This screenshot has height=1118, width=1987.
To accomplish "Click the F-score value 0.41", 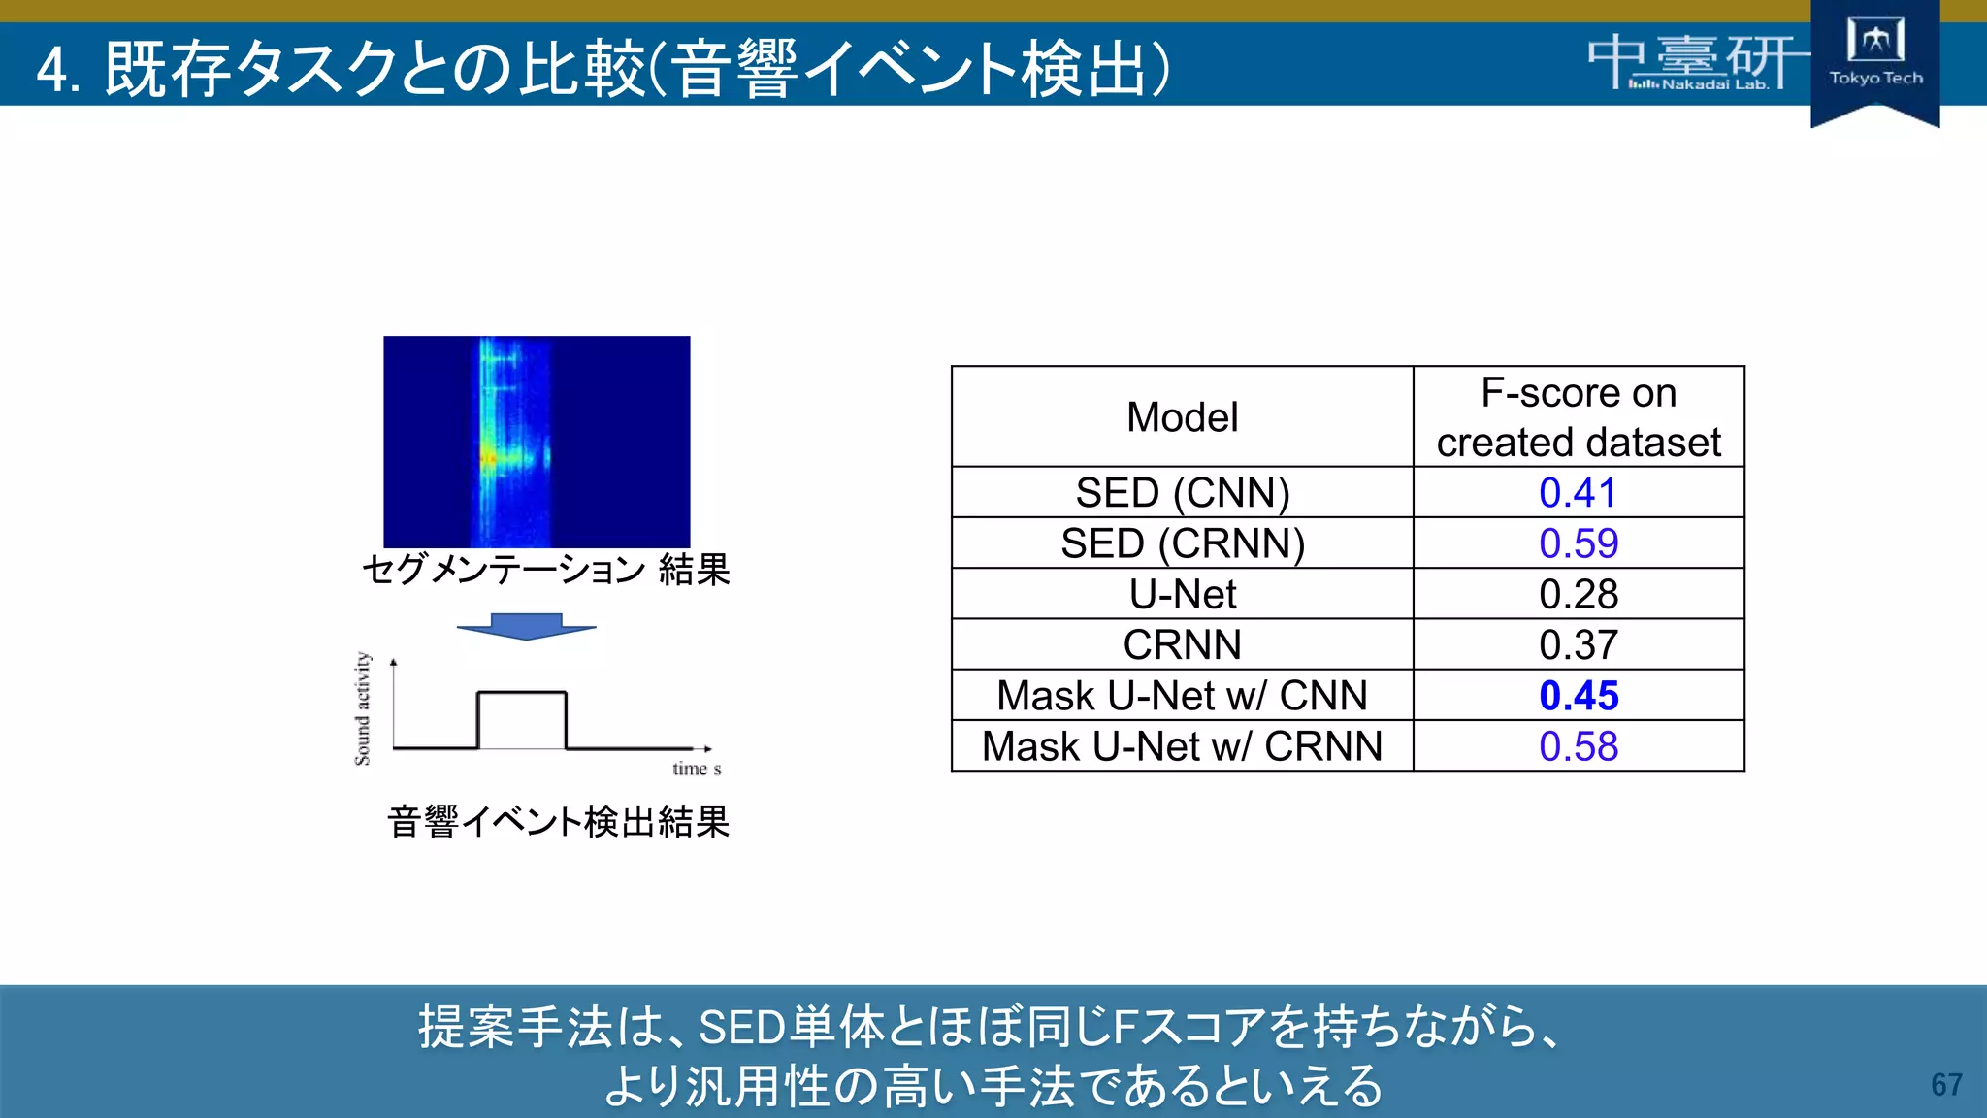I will (x=1578, y=493).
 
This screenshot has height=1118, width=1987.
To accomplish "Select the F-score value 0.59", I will (x=1578, y=543).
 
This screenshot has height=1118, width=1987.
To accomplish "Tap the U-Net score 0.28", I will (x=1578, y=594).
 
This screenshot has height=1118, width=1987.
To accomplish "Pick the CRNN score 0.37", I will (x=1578, y=644).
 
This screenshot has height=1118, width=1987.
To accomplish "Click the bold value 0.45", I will (x=1578, y=696).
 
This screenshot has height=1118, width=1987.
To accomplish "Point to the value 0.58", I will (x=1578, y=746).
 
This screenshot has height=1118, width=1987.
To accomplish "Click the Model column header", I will (x=1182, y=417).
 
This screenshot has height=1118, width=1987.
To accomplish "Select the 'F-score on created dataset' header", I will (x=1578, y=417).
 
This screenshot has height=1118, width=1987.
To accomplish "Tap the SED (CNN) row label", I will (x=1182, y=493).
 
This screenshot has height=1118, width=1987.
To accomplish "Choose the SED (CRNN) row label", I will (x=1182, y=543).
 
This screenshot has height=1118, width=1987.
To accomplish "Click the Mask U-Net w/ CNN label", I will (x=1182, y=696).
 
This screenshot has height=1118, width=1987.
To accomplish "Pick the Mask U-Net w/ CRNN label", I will (x=1182, y=746).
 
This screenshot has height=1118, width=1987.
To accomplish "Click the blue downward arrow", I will (x=526, y=626).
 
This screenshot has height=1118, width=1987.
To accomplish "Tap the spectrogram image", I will (x=537, y=442).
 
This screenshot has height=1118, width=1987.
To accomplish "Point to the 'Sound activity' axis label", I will (x=362, y=708).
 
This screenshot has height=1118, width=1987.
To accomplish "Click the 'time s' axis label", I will (x=697, y=769).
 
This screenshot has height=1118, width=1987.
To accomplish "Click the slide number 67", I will (x=1946, y=1084).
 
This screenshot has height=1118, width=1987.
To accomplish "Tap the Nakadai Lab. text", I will (x=1714, y=84).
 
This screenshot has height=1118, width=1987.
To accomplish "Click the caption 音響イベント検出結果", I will (x=558, y=822).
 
